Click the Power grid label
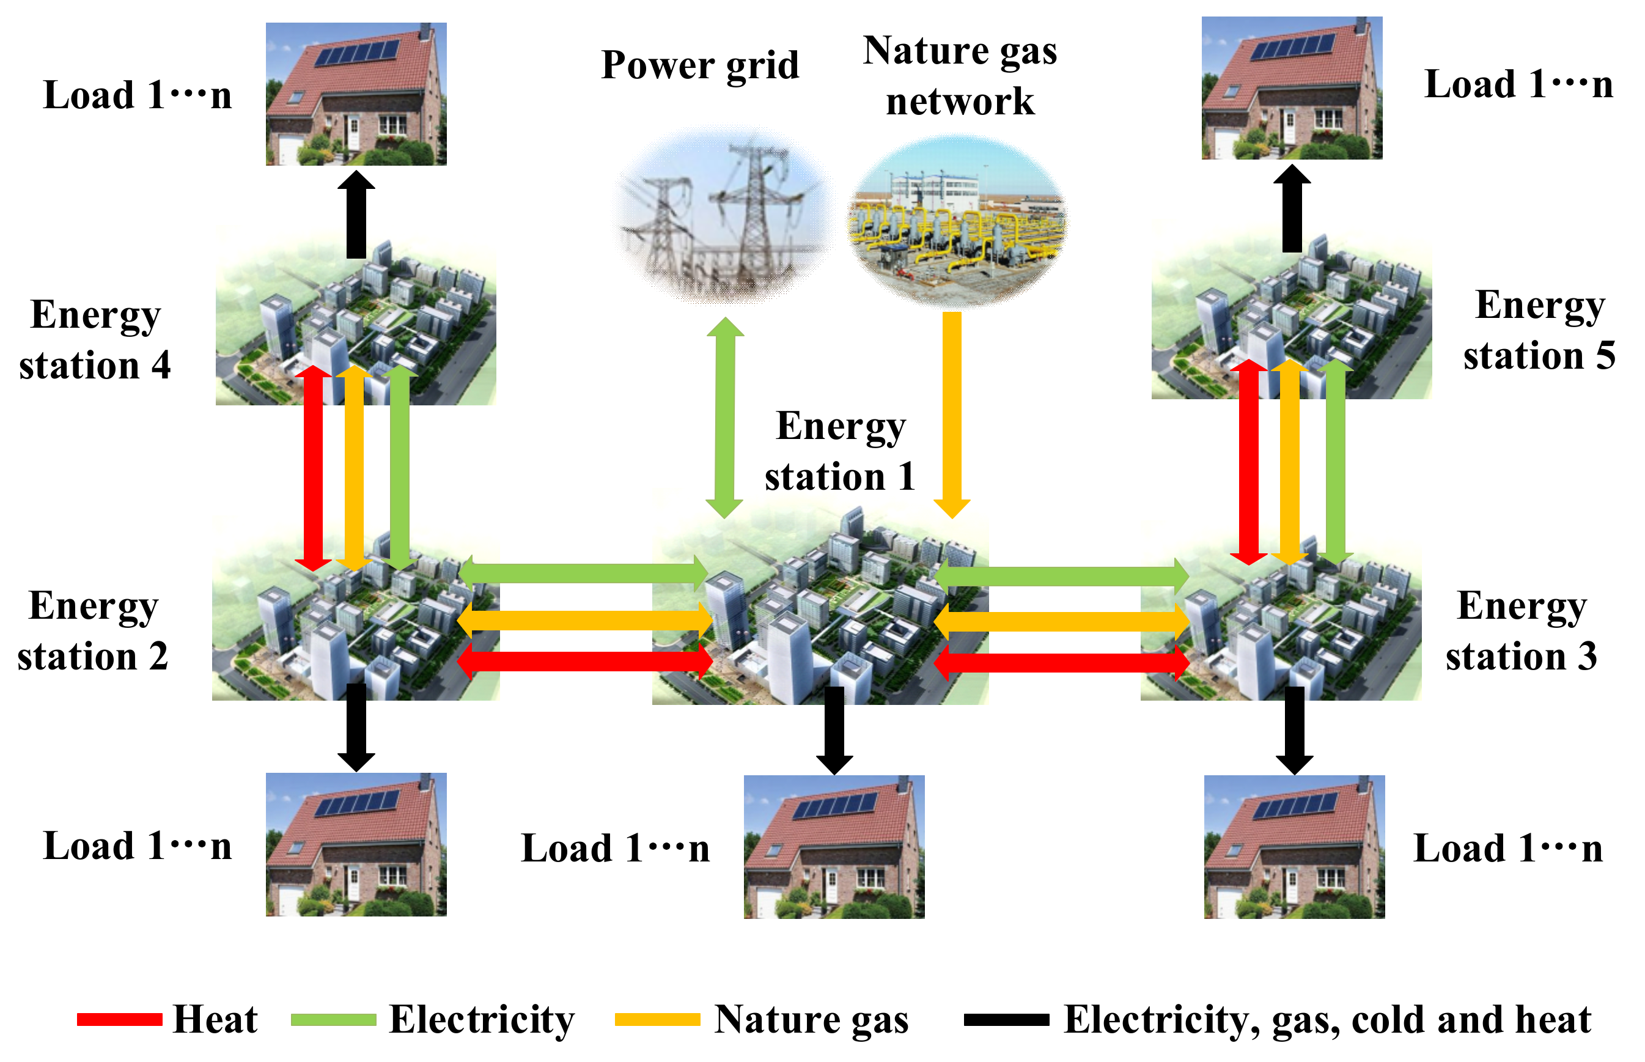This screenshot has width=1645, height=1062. click(x=699, y=66)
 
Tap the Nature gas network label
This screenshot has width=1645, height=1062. click(x=959, y=76)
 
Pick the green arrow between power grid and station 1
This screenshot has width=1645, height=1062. click(x=724, y=417)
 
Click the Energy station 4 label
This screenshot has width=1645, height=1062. click(x=95, y=339)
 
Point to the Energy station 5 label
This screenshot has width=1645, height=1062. click(x=1539, y=330)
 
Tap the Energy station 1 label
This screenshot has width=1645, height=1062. click(x=840, y=451)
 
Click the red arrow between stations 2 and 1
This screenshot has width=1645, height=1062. click(x=584, y=662)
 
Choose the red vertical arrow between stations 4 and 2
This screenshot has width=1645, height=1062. click(x=313, y=469)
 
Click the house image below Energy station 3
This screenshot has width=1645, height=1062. click(x=1294, y=846)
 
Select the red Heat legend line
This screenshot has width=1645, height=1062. click(x=119, y=1019)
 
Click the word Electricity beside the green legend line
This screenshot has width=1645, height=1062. click(x=481, y=1019)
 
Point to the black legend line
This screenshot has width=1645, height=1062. click(x=1006, y=1019)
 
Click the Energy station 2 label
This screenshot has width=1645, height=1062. click(x=93, y=630)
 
